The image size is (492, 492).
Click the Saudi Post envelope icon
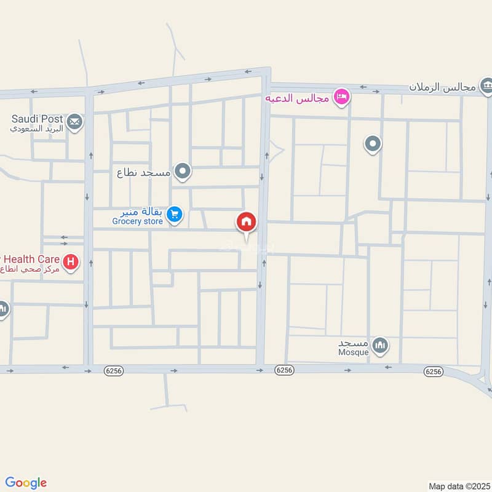tap(74, 122)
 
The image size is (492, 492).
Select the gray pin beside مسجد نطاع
tap(182, 172)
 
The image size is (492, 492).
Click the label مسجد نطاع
tap(143, 173)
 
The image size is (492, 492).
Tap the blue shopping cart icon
tap(175, 213)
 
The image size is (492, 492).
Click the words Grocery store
tap(138, 221)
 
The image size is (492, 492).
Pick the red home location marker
tap(246, 222)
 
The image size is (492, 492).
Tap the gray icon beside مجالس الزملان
tap(486, 84)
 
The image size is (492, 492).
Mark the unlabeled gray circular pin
tap(372, 145)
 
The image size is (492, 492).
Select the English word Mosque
tap(353, 352)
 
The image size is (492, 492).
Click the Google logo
tap(26, 483)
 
